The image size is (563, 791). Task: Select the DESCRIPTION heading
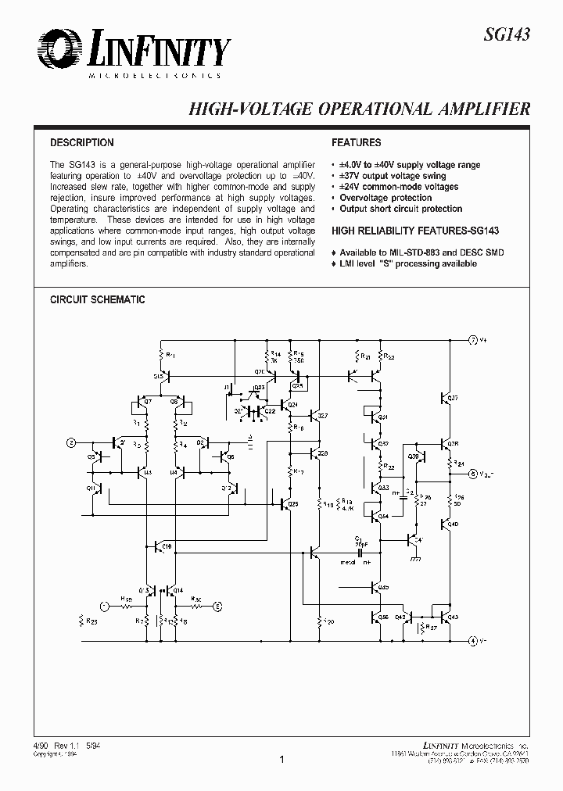[x=82, y=143]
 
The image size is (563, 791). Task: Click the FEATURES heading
[x=357, y=143]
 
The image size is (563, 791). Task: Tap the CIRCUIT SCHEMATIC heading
[x=98, y=300]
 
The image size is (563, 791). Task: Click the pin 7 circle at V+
[x=472, y=340]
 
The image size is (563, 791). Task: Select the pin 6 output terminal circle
[x=472, y=474]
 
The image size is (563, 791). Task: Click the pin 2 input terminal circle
[x=72, y=442]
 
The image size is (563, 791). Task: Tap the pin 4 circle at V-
[x=472, y=641]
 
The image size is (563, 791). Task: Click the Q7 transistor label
[x=149, y=402]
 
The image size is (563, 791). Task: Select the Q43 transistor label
[x=454, y=617]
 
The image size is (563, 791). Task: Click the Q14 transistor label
[x=178, y=590]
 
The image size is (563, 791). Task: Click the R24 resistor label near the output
[x=460, y=463]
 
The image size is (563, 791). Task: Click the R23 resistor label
[x=91, y=622]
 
